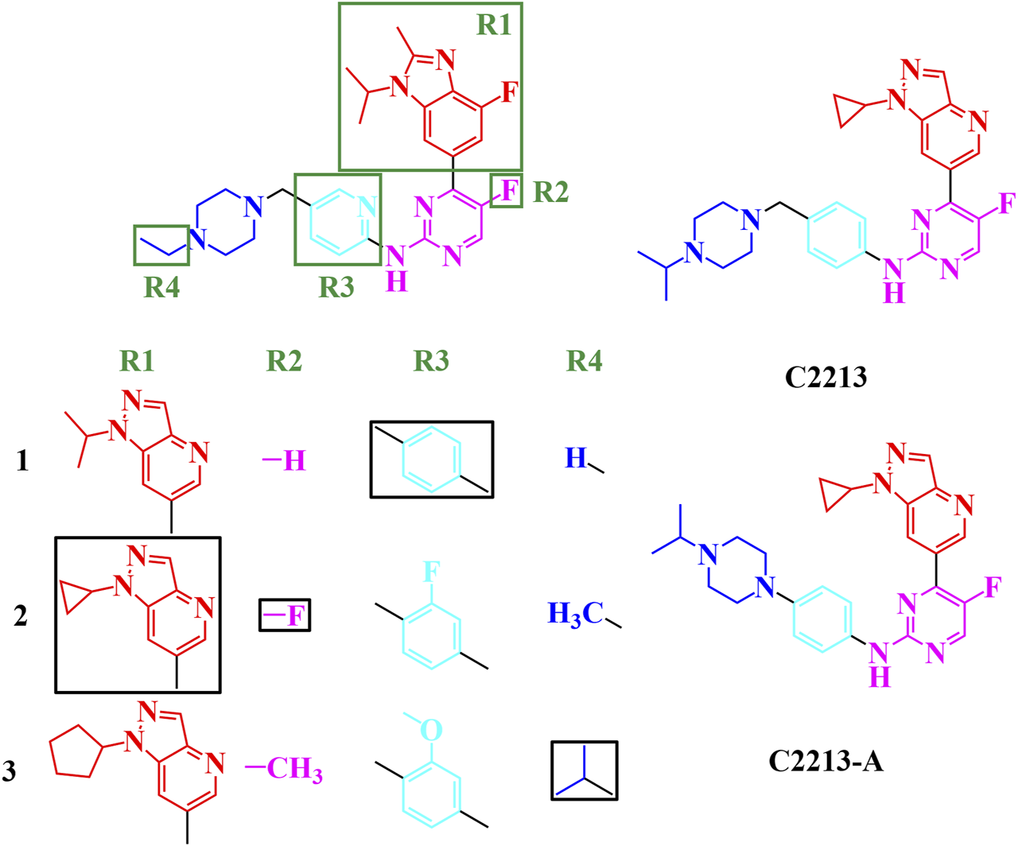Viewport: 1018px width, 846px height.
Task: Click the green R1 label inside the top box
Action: point(493,25)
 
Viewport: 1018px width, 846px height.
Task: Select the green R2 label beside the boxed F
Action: point(550,192)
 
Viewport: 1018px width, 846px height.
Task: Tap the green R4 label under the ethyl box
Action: point(161,287)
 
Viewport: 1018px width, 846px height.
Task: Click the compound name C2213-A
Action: point(826,761)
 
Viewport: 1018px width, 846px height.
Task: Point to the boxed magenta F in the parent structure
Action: point(507,191)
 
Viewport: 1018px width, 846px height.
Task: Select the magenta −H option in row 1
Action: point(284,460)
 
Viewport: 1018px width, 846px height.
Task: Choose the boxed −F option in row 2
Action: point(286,615)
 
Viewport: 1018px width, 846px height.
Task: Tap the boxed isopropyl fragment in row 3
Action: point(585,770)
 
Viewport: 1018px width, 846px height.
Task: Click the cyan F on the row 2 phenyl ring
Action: point(430,572)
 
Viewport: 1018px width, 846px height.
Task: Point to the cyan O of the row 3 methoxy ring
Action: point(430,729)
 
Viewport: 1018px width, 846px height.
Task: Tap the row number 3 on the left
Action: point(10,770)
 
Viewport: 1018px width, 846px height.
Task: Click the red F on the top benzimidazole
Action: point(509,92)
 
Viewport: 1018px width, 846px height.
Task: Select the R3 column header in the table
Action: point(431,362)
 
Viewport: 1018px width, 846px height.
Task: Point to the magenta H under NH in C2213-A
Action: point(879,677)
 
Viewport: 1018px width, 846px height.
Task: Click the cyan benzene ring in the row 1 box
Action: point(432,460)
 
